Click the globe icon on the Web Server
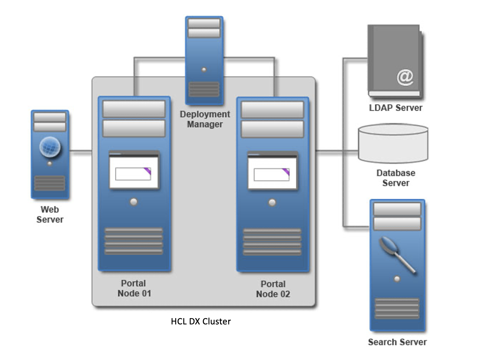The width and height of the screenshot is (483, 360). click(x=50, y=147)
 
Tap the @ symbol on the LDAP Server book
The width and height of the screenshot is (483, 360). click(x=405, y=77)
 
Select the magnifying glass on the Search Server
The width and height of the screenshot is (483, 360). click(x=389, y=246)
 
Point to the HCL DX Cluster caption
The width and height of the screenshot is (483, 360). click(x=201, y=321)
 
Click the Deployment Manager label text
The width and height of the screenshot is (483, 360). click(x=205, y=119)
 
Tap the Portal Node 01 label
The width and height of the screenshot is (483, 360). click(x=134, y=288)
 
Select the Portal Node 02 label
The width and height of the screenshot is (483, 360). click(x=273, y=289)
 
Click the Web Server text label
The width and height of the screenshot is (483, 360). click(x=50, y=215)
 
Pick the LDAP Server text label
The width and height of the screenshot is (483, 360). click(x=396, y=108)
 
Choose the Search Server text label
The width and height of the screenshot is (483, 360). click(x=397, y=342)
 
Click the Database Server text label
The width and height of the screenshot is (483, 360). click(x=396, y=178)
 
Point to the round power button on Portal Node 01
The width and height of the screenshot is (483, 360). click(x=134, y=202)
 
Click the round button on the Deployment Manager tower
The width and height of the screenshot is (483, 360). click(x=204, y=70)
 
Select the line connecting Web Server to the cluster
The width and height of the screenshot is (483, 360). click(x=80, y=151)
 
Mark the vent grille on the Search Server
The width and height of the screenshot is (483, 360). click(x=397, y=308)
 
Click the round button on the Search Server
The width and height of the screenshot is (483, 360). click(x=397, y=279)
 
